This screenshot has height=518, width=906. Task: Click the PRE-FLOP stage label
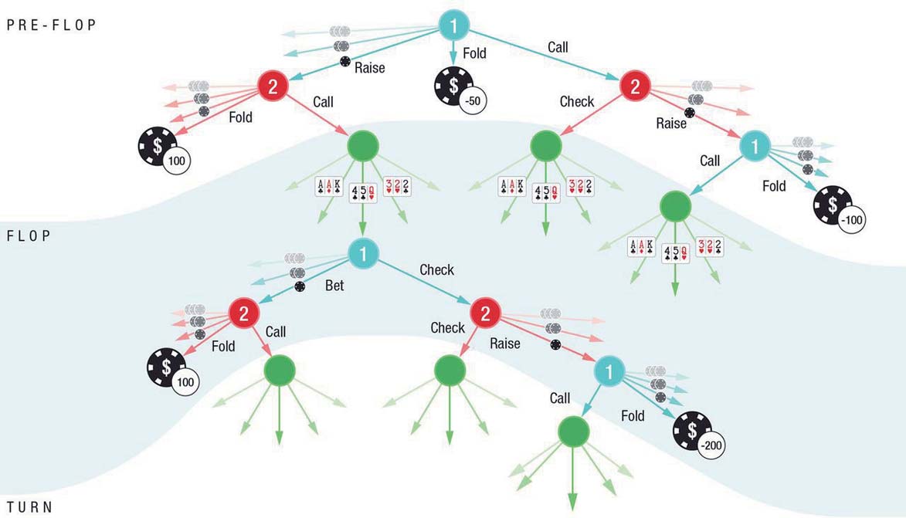point(52,25)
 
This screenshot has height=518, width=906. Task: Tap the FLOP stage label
point(29,235)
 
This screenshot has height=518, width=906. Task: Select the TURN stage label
point(30,507)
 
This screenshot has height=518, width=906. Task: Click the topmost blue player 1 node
point(453,25)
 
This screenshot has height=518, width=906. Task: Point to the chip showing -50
point(460,90)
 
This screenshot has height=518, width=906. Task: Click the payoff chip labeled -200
point(698,435)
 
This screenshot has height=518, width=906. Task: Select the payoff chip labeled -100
point(839,209)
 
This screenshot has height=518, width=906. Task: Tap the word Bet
point(334,286)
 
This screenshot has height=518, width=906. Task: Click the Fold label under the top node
point(474,53)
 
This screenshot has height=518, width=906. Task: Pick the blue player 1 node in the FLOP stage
point(363,254)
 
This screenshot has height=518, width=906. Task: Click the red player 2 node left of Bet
point(244,313)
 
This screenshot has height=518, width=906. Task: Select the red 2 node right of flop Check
point(485,313)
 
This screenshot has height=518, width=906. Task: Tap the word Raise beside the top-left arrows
point(370,68)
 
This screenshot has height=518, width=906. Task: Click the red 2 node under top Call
point(635,86)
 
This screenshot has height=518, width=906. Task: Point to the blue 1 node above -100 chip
point(755,146)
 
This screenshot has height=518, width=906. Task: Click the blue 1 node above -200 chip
point(609,371)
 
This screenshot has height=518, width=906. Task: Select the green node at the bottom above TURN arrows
point(574,432)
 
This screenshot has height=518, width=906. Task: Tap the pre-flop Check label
point(577,102)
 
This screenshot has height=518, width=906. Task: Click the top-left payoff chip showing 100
point(164,150)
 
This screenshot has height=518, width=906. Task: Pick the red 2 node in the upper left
point(273,86)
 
